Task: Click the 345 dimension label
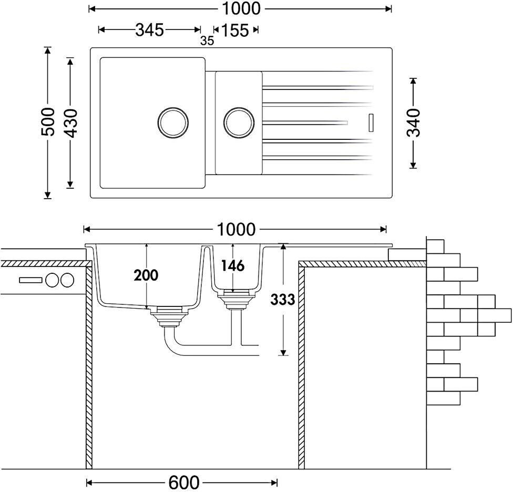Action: pyautogui.click(x=149, y=30)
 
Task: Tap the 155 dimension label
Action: pyautogui.click(x=235, y=30)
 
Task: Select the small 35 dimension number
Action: pyautogui.click(x=207, y=41)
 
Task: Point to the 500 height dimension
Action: pyautogui.click(x=48, y=122)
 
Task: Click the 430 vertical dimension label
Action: pyautogui.click(x=70, y=123)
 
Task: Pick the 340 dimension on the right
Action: pyautogui.click(x=413, y=122)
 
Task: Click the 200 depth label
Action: pyautogui.click(x=146, y=275)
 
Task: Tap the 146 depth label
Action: pyautogui.click(x=233, y=265)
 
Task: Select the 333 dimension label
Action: pyautogui.click(x=283, y=299)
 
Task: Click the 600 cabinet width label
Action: pyautogui.click(x=184, y=482)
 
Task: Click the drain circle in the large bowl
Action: pyautogui.click(x=173, y=122)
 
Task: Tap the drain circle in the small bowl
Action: pyautogui.click(x=239, y=122)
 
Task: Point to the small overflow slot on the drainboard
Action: pyautogui.click(x=371, y=122)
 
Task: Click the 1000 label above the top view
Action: pyautogui.click(x=241, y=9)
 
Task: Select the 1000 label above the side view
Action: pyautogui.click(x=236, y=230)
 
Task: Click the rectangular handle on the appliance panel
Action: pyautogui.click(x=31, y=280)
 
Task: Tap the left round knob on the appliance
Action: pyautogui.click(x=53, y=280)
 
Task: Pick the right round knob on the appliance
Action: pyautogui.click(x=67, y=280)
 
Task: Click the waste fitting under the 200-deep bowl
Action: pyautogui.click(x=169, y=316)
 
